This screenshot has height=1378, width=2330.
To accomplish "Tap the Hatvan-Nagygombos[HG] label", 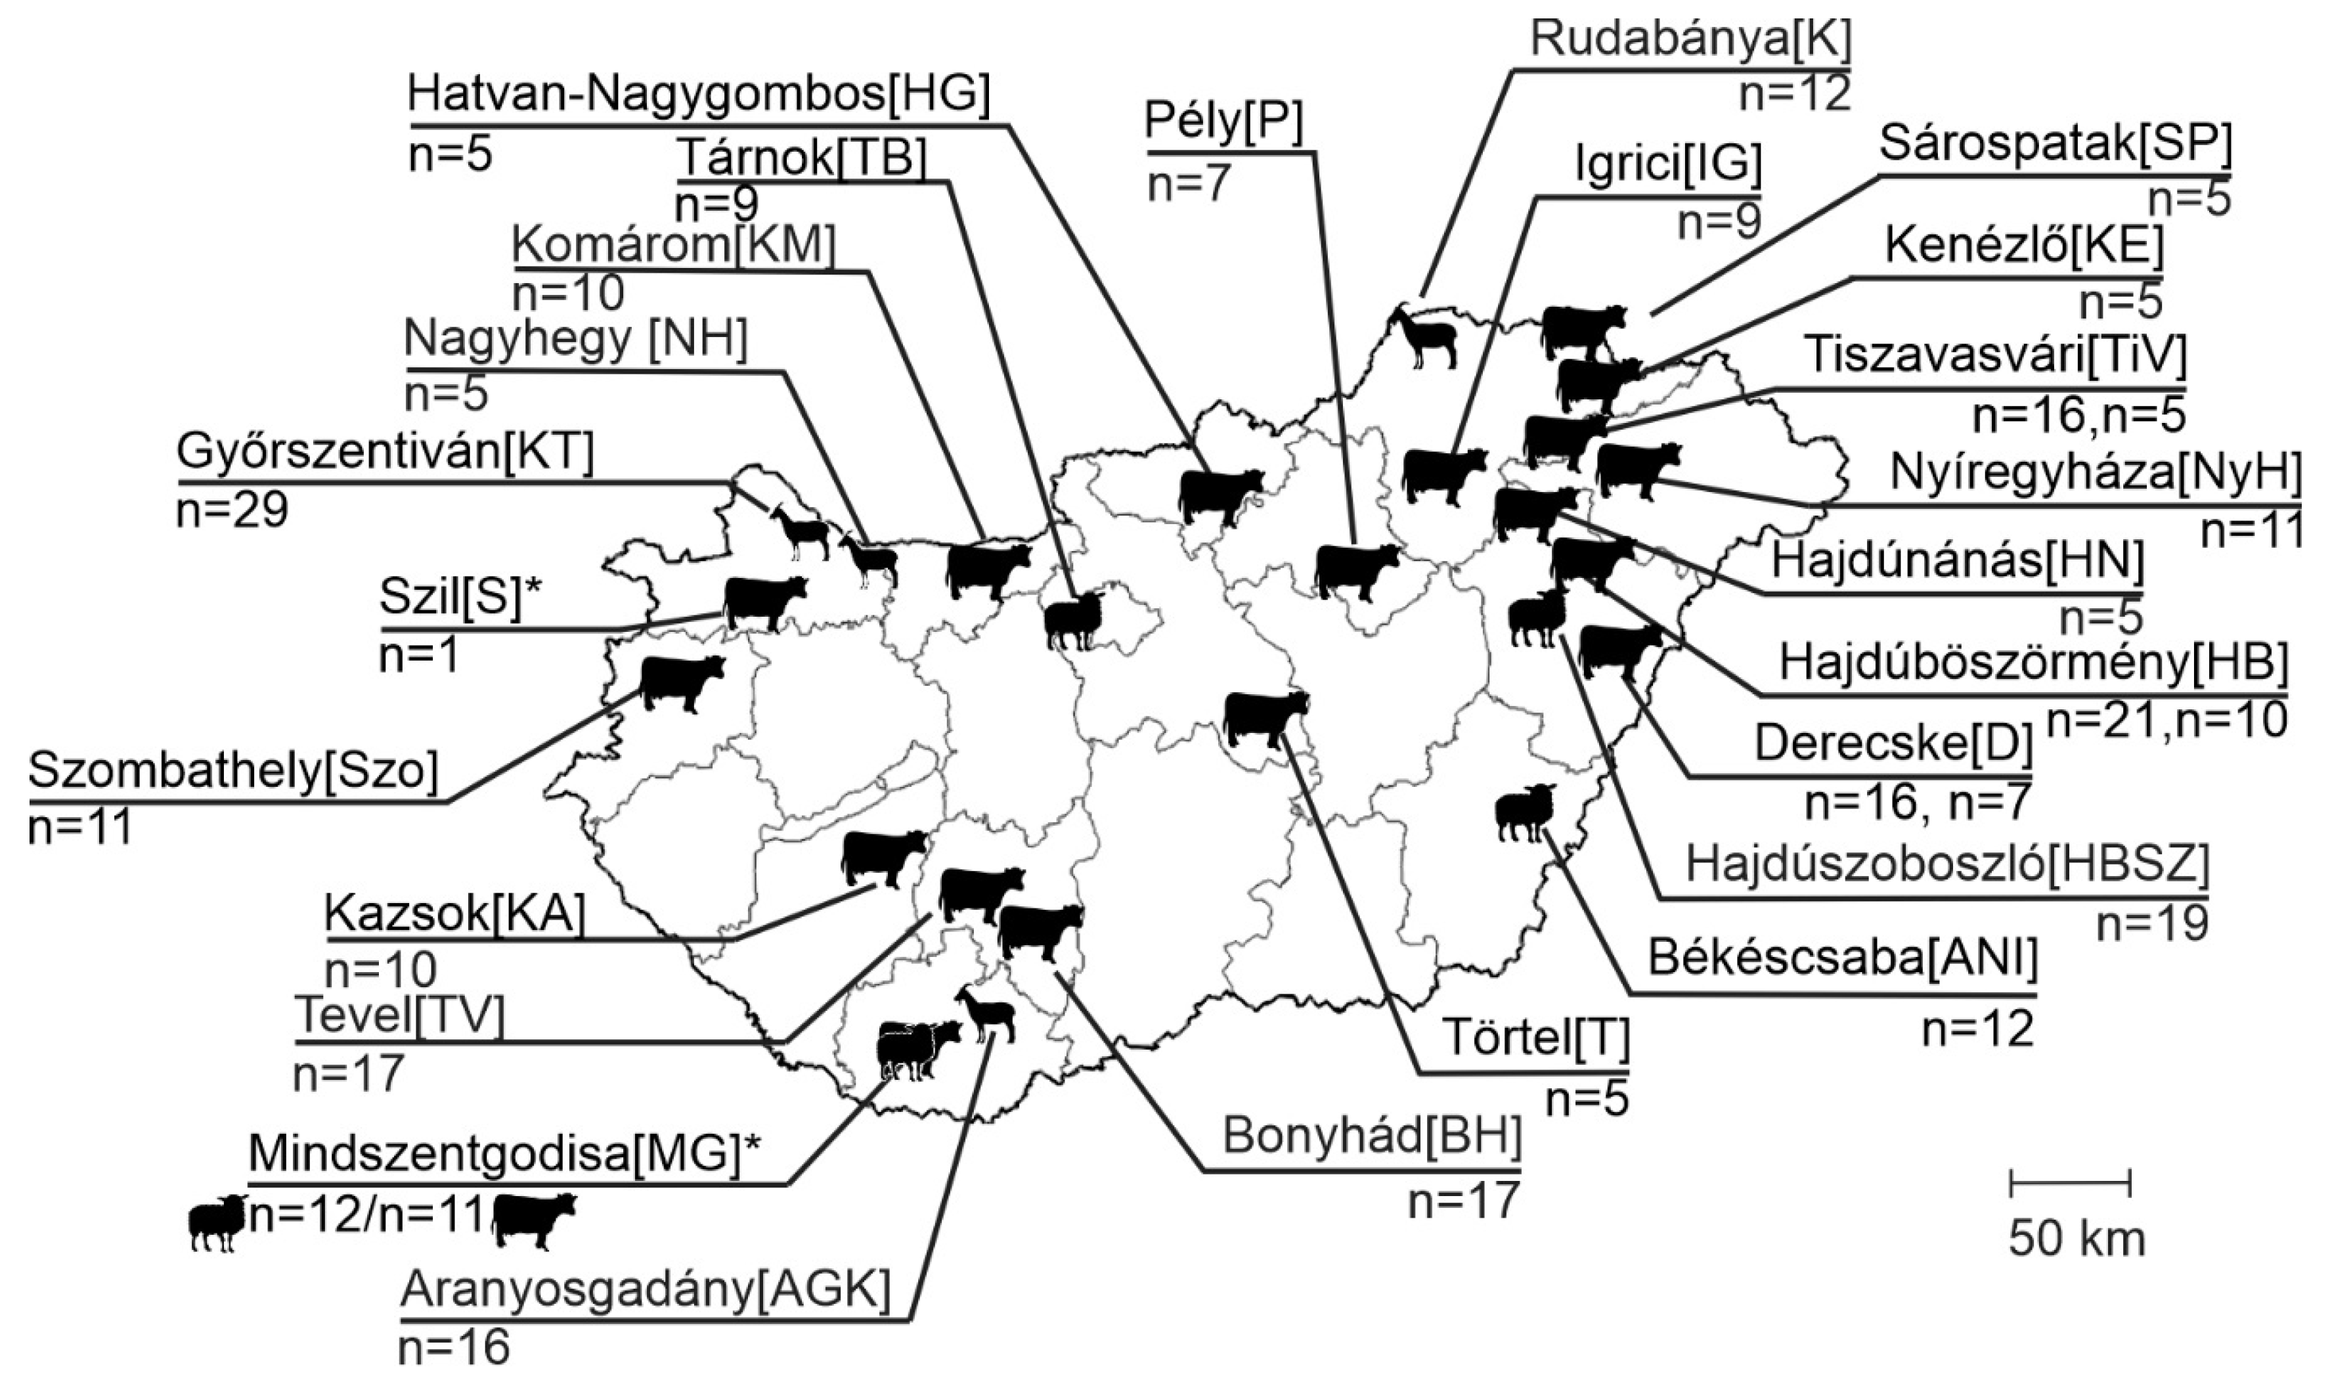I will click(x=699, y=96).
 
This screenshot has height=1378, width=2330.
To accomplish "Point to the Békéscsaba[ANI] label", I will click(x=1843, y=961).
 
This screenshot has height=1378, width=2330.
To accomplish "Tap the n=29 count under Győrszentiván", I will click(x=232, y=510).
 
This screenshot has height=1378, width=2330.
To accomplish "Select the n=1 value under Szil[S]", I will click(x=418, y=657).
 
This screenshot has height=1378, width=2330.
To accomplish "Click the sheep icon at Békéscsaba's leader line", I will click(x=1524, y=812).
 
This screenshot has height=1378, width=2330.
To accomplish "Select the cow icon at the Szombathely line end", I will click(x=682, y=682).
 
